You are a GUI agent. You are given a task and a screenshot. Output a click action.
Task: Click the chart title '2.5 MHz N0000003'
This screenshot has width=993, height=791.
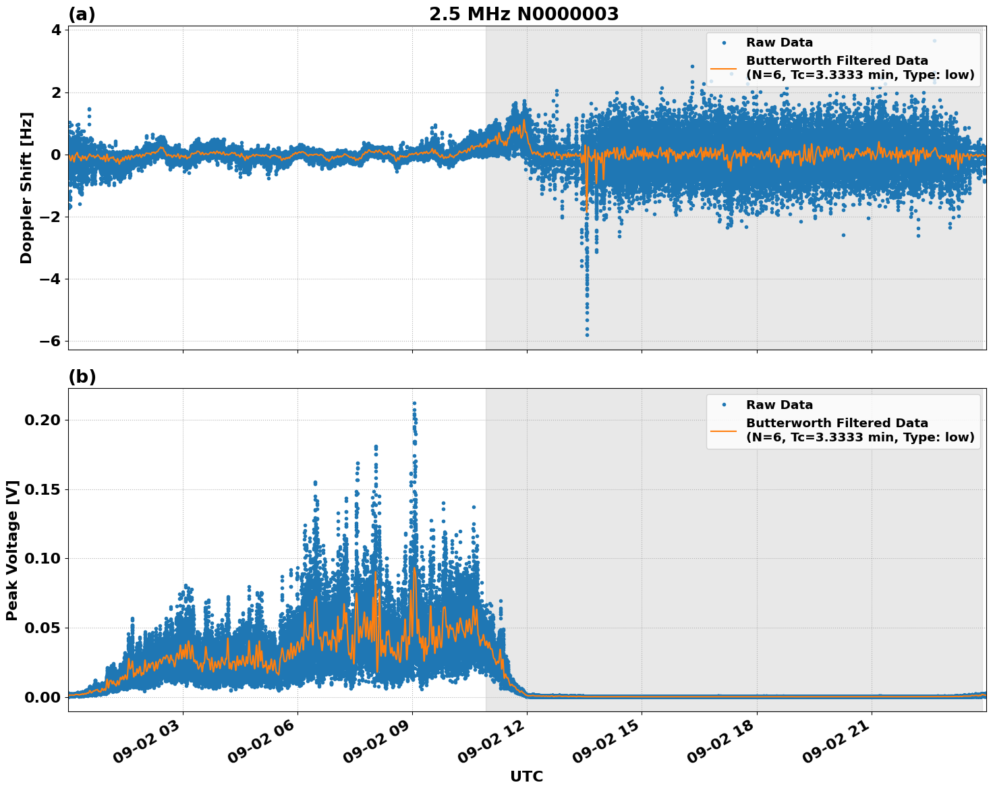pyautogui.click(x=523, y=14)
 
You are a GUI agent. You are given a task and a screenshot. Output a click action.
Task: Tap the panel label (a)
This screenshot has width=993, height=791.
pyautogui.click(x=82, y=14)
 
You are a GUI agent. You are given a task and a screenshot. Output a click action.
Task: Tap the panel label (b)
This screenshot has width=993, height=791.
pyautogui.click(x=82, y=377)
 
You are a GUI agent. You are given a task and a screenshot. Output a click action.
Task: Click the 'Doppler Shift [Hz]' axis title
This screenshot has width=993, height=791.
pyautogui.click(x=26, y=188)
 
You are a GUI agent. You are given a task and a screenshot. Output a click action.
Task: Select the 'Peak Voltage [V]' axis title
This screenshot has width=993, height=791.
pyautogui.click(x=12, y=550)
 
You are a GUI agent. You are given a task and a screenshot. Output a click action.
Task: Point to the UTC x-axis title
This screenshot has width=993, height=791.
pyautogui.click(x=526, y=776)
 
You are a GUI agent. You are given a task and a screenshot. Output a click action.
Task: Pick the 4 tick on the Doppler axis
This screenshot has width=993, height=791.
pyautogui.click(x=55, y=30)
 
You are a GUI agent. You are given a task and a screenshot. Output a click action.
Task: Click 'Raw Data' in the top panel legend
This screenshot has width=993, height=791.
pyautogui.click(x=779, y=43)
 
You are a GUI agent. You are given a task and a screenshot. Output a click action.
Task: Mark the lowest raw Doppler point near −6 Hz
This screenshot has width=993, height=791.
pyautogui.click(x=587, y=335)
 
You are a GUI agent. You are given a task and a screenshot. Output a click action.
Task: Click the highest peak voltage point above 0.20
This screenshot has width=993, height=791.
pyautogui.click(x=414, y=404)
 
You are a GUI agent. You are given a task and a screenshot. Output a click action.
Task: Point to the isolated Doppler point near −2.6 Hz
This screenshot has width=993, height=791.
pyautogui.click(x=843, y=235)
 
